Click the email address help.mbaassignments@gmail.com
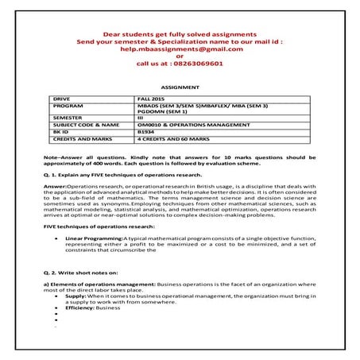[180, 48]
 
